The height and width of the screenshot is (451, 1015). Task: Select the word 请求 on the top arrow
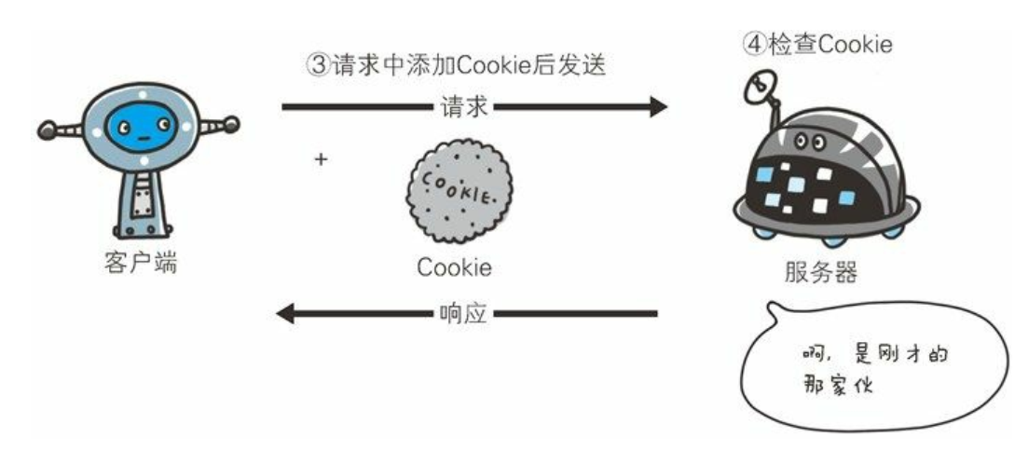coord(463,107)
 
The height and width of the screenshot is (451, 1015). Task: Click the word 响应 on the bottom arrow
coord(462,313)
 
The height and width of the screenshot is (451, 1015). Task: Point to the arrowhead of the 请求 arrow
coord(657,107)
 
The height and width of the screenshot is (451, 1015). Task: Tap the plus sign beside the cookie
coord(322,159)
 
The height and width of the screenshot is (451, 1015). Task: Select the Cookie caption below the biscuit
coord(454,267)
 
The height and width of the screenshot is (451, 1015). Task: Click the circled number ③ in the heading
coord(319,66)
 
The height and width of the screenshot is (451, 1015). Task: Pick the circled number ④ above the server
coord(754,44)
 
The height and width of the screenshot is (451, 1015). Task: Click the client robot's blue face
coord(140,128)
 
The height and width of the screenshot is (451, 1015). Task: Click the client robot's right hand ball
coord(231,122)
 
